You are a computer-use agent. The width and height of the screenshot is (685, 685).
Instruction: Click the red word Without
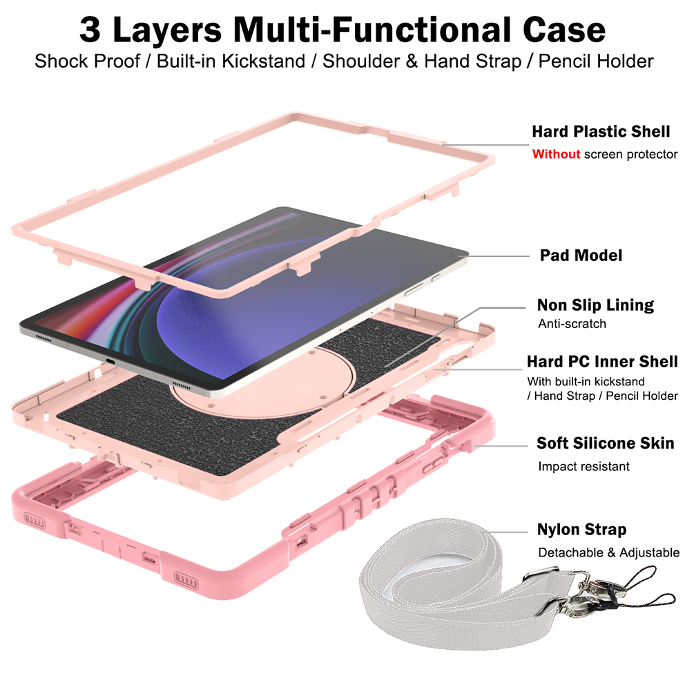556,154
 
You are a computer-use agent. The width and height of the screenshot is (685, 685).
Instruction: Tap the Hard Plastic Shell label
601,131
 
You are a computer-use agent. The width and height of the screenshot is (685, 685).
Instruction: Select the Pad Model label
581,255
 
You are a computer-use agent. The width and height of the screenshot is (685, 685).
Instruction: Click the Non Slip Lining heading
595,305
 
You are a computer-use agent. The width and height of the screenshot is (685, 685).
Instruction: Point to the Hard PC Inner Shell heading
602,361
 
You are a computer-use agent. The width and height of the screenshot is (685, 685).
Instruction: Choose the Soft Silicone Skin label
606,443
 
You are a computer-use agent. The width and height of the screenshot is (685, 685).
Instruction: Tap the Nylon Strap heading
581,530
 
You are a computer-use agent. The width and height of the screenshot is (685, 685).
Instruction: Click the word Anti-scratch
572,324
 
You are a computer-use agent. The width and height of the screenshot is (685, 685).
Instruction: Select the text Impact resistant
583,467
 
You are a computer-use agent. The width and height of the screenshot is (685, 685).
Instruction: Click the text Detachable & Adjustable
608,552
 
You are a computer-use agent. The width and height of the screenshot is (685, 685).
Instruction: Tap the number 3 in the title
90,30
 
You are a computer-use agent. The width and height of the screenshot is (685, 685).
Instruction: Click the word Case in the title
564,30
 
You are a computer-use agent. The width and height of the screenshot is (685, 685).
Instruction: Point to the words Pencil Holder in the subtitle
596,61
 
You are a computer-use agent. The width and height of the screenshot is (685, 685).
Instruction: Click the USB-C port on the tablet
110,362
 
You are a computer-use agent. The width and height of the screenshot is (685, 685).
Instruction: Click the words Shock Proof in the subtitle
87,61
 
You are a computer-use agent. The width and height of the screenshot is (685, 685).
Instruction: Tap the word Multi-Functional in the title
372,30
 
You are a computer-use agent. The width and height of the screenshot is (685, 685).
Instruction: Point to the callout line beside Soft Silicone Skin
501,445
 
